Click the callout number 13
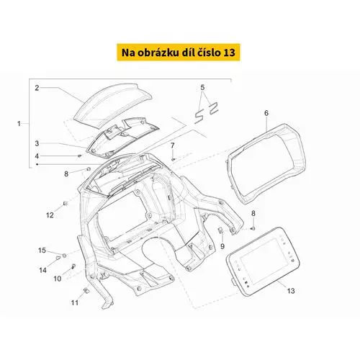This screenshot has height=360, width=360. click(291, 291)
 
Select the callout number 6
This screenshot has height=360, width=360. click(266, 113)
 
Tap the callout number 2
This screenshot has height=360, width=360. click(37, 88)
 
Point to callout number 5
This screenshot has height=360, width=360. click(202, 88)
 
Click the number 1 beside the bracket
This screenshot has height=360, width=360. click(19, 124)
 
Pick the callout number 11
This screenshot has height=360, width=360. click(75, 303)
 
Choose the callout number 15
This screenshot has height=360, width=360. click(42, 251)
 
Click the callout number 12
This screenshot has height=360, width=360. click(50, 215)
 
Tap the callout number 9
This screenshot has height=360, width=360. click(222, 246)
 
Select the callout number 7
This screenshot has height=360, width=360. click(172, 145)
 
